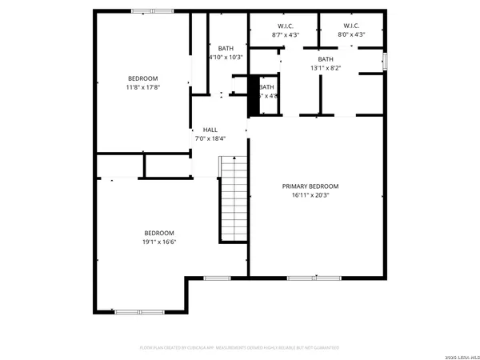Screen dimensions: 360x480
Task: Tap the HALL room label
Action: pos(210,130)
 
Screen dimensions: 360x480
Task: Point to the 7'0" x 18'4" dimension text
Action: pos(210,138)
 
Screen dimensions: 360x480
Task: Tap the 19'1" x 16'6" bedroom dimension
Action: pos(158,241)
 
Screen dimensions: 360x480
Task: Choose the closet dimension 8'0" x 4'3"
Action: pos(352,34)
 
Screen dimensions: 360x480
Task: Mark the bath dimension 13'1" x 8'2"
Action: pos(326,68)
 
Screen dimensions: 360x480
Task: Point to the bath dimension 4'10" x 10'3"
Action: pos(225,57)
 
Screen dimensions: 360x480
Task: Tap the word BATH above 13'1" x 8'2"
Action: pos(326,59)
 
